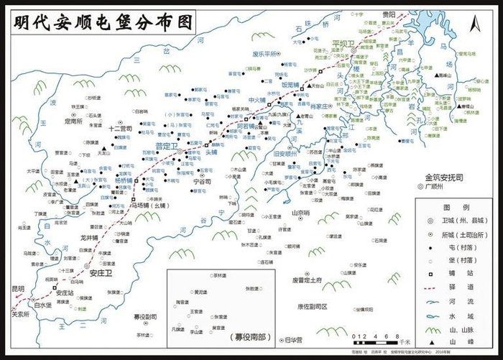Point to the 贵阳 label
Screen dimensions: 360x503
(389, 14)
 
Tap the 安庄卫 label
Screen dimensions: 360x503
(102, 272)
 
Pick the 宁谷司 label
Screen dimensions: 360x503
(203, 183)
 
